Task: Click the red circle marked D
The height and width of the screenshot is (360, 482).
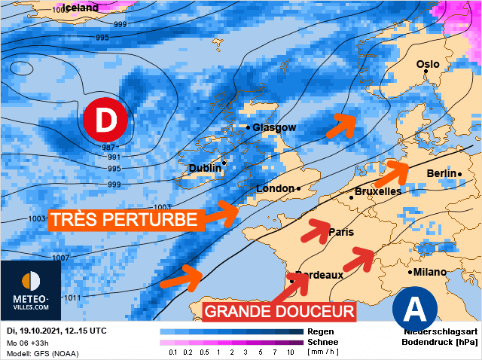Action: pyautogui.click(x=105, y=119)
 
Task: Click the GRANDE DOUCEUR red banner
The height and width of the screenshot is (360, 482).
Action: pyautogui.click(x=279, y=311)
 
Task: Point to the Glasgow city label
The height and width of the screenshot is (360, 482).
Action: pyautogui.click(x=274, y=127)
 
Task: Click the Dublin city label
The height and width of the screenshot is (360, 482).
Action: pyautogui.click(x=206, y=168)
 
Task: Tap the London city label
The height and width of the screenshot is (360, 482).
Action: pyautogui.click(x=276, y=188)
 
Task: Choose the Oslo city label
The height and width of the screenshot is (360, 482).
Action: pyautogui.click(x=428, y=64)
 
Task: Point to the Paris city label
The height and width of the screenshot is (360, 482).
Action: pyautogui.click(x=341, y=232)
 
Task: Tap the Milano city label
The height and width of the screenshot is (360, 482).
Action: pyautogui.click(x=429, y=272)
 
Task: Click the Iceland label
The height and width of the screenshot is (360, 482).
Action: pyautogui.click(x=81, y=8)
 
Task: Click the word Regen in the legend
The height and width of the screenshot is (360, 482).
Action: pyautogui.click(x=321, y=331)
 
